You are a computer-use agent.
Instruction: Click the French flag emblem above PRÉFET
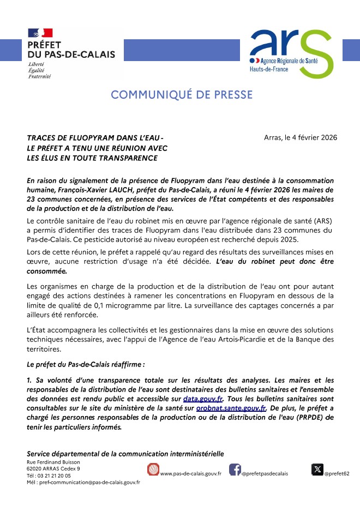[x=40, y=33]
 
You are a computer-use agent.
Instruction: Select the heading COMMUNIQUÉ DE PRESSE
[x=182, y=95]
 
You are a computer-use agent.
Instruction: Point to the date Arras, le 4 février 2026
[x=300, y=137]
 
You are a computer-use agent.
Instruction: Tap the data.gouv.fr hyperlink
[x=203, y=400]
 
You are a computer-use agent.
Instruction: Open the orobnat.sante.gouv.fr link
[x=231, y=408]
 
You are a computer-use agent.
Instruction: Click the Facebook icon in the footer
[x=235, y=470]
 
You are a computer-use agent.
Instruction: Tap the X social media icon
[x=317, y=469]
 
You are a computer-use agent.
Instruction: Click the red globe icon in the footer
[x=154, y=470]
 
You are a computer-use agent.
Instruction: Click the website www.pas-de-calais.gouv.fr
[x=190, y=474]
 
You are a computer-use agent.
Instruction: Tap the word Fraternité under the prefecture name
[x=39, y=76]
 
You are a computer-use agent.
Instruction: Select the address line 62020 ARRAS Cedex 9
[x=53, y=468]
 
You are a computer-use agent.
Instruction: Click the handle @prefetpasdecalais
[x=265, y=474]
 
